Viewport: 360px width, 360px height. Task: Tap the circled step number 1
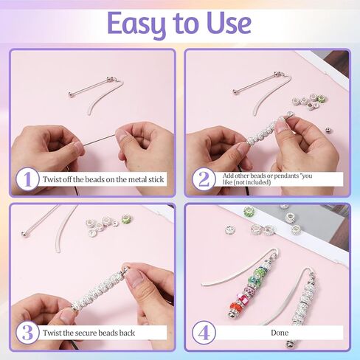27,179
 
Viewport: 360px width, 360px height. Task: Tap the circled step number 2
204,179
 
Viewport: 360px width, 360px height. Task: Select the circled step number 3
27,333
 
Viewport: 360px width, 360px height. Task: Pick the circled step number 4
204,333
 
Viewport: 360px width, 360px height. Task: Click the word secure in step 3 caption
92,333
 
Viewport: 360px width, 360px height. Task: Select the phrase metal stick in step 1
148,179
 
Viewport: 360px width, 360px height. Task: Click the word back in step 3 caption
136,333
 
